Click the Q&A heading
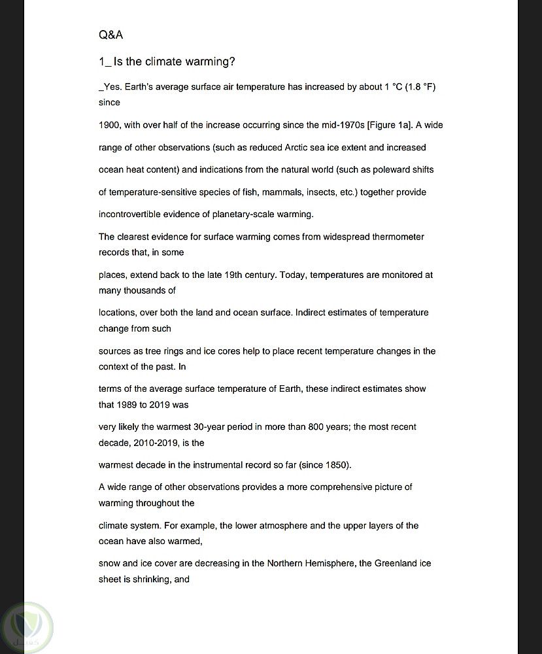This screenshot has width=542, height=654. point(110,35)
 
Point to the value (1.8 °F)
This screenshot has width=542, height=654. point(420,87)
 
